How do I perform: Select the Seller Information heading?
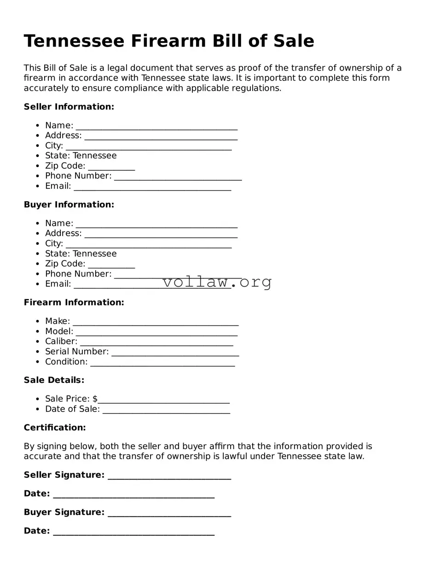coord(69,107)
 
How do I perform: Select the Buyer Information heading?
coord(69,204)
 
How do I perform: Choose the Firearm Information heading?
coord(74,302)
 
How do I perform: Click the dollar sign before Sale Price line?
coord(95,399)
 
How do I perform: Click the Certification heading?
coord(55,428)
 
